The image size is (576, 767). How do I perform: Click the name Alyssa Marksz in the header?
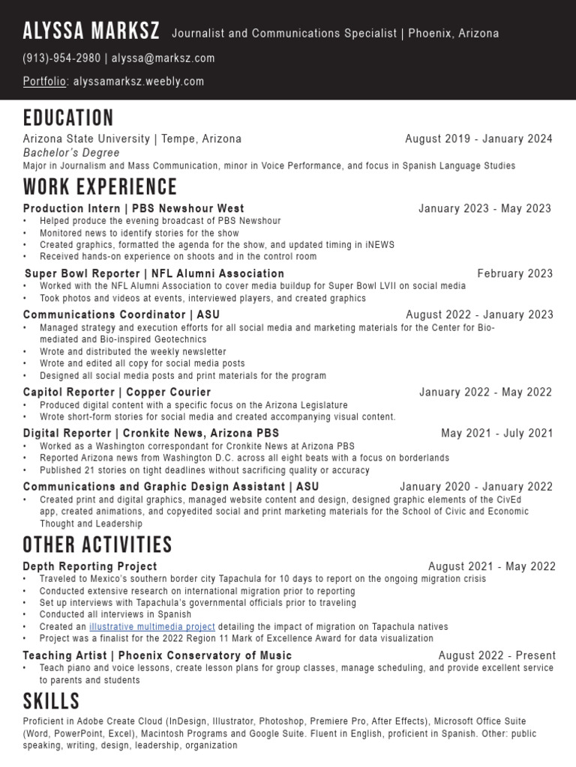91,31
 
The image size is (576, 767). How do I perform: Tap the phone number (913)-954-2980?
61,58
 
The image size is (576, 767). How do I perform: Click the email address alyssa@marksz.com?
163,58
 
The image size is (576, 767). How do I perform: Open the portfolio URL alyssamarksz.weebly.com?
139,82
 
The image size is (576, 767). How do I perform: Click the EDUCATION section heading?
68,118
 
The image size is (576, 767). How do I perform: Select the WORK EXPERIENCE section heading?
100,187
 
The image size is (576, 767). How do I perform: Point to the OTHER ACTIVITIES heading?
97,545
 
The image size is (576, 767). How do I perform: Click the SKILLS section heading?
51,701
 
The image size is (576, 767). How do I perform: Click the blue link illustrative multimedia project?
152,626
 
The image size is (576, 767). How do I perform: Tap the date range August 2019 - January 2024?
478,139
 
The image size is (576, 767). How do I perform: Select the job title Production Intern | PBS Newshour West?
133,208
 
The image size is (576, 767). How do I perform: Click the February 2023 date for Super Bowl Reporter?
514,273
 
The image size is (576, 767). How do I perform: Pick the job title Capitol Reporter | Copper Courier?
117,392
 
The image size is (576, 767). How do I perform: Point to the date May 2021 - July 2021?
496,433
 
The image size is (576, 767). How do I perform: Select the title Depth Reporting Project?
90,566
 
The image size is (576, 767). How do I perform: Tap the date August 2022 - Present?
496,655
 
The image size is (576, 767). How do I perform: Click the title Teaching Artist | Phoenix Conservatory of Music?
157,655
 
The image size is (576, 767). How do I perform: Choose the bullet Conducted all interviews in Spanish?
115,614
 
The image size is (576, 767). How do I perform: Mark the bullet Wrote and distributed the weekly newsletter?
133,351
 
